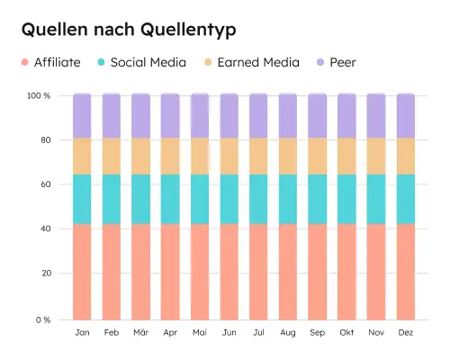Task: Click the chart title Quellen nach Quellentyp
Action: (129, 30)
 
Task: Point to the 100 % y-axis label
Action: (39, 95)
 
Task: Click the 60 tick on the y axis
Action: (44, 184)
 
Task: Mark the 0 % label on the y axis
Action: (42, 319)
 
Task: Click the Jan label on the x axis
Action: (82, 332)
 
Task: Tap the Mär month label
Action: (140, 332)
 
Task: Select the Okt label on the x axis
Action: (346, 332)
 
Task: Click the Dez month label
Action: (406, 332)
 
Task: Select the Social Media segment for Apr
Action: (170, 199)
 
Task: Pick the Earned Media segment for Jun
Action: (229, 156)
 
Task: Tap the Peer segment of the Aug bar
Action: (288, 115)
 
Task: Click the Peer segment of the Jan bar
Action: (82, 115)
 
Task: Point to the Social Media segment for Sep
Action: (318, 199)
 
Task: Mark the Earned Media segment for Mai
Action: (200, 156)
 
